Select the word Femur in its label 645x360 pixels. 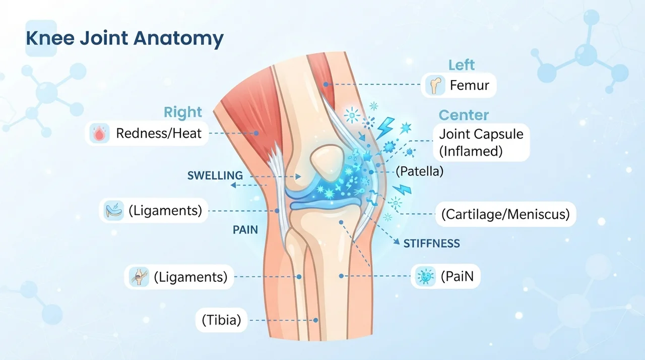469,85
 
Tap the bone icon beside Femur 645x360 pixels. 435,85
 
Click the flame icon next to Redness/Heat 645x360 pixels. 99,133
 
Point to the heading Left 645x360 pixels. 462,65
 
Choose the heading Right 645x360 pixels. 183,112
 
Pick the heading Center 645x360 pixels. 464,115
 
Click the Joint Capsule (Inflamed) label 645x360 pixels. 481,143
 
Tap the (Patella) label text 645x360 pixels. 420,171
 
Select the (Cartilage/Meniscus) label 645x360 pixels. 505,214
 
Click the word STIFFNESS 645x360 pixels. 431,244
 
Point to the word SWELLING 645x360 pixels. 215,175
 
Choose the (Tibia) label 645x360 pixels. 221,320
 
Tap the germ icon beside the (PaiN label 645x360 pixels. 426,276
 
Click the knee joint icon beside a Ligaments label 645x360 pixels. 139,277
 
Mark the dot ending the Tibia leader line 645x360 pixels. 316,320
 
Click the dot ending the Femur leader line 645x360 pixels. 326,84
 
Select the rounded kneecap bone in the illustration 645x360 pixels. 327,163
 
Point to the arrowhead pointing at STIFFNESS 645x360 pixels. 397,242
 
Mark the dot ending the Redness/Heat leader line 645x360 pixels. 256,133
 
